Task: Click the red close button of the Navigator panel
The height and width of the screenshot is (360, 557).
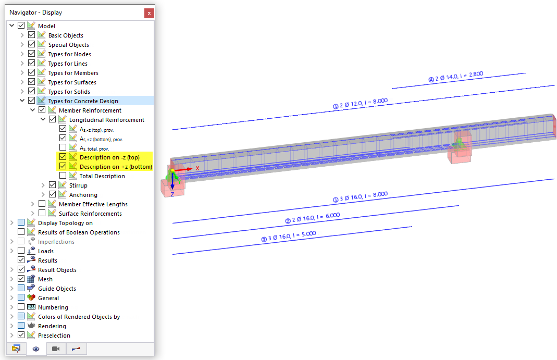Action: pos(149,13)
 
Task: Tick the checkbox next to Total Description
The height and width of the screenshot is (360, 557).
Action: pos(63,176)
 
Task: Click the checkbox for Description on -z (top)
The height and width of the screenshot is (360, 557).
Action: pos(63,157)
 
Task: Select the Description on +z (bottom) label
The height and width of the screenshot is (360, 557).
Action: pos(116,167)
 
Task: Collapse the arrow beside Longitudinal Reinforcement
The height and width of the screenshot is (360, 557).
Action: pos(43,120)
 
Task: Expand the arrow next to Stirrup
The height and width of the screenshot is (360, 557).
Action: pos(43,185)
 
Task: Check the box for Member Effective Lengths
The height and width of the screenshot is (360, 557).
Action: pos(42,204)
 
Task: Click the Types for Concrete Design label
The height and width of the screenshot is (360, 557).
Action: pos(83,101)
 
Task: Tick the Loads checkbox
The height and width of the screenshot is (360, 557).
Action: pos(21,251)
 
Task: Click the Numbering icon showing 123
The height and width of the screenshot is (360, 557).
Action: pos(31,307)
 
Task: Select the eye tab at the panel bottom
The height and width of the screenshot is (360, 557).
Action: pos(36,349)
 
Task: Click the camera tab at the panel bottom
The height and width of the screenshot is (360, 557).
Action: pos(56,349)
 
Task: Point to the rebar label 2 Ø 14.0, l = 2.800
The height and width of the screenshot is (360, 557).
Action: pos(456,77)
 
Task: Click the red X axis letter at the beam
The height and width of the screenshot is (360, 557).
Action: pos(197,168)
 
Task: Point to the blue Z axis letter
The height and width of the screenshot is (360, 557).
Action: pos(172,194)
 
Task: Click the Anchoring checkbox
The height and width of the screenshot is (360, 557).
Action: pos(52,195)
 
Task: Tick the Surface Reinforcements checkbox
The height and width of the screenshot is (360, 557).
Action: pos(42,214)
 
